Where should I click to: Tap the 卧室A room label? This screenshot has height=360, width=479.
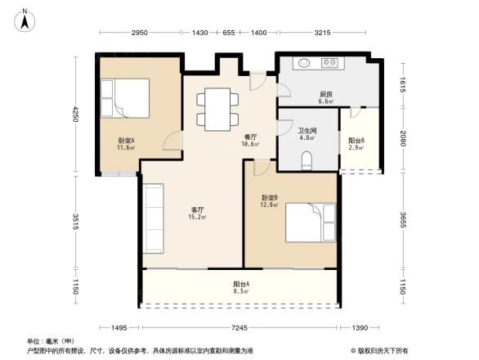(126, 144)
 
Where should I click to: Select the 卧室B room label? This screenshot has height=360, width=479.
(271, 201)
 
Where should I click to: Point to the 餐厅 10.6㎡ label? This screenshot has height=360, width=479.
(251, 141)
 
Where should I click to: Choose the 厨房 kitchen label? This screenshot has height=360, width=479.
(325, 97)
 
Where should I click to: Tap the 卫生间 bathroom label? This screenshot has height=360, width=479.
(307, 134)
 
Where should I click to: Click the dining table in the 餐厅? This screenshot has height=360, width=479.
(217, 108)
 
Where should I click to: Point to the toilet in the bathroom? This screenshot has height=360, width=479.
(307, 162)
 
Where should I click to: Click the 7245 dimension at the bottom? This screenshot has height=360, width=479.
(239, 328)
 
